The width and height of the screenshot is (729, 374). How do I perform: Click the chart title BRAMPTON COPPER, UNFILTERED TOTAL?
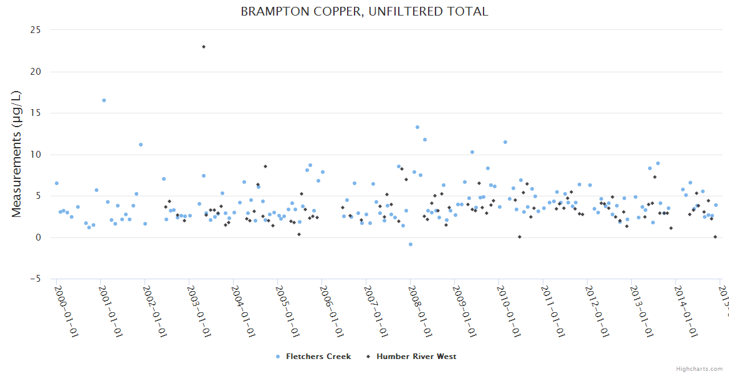(x=364, y=11)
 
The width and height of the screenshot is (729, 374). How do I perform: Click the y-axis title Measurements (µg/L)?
(x=17, y=154)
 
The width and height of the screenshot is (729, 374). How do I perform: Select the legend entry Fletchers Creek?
(x=318, y=357)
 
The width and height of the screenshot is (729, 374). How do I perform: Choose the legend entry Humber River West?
(x=416, y=357)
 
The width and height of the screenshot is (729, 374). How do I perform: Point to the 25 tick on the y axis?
(x=36, y=30)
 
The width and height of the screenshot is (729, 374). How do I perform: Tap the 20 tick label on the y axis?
(x=36, y=72)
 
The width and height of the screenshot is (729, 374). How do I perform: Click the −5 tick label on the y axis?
(x=36, y=279)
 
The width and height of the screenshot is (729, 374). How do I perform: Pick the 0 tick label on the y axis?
(x=39, y=237)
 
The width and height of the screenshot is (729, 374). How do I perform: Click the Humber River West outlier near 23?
(x=204, y=47)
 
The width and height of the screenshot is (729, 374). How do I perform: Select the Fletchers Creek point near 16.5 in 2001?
(x=104, y=100)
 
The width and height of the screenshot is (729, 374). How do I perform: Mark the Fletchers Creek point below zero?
(x=411, y=244)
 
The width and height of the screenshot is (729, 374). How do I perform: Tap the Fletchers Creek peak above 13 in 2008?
(x=417, y=127)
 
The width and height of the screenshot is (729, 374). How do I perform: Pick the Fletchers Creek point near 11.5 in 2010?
(x=505, y=142)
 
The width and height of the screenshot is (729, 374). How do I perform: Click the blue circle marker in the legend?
(x=278, y=357)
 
